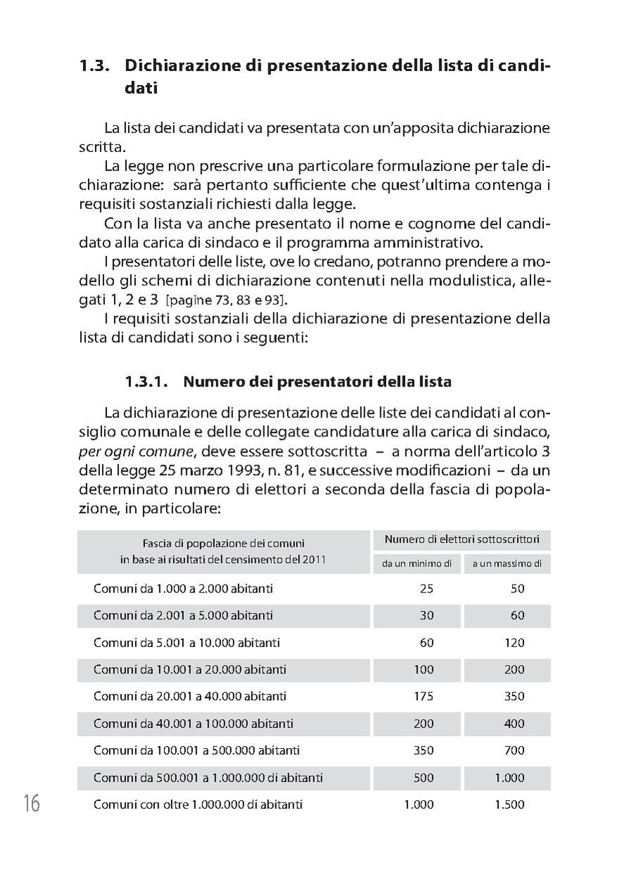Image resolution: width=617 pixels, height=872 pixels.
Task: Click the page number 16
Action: point(31,803)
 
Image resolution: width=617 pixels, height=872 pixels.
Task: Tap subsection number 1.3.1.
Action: point(146,382)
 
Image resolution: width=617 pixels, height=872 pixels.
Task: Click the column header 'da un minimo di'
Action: point(416,563)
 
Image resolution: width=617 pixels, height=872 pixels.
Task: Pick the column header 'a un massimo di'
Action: point(507,563)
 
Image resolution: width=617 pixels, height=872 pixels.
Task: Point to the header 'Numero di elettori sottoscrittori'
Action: point(461,540)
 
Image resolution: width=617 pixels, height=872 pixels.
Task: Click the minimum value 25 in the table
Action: point(426,588)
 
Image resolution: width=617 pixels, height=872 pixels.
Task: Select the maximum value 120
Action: point(514,643)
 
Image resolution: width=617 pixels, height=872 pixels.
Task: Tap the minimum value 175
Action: point(423,697)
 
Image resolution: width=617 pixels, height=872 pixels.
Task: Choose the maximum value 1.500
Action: point(509,804)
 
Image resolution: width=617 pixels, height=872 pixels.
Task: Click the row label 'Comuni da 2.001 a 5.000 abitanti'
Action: point(183,615)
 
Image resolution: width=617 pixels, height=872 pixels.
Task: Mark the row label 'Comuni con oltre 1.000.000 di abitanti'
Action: point(198,804)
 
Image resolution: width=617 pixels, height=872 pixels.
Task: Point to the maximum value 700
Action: point(514,750)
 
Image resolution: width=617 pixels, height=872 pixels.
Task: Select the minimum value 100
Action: point(423,669)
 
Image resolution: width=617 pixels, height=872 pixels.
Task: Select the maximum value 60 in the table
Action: point(517,615)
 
